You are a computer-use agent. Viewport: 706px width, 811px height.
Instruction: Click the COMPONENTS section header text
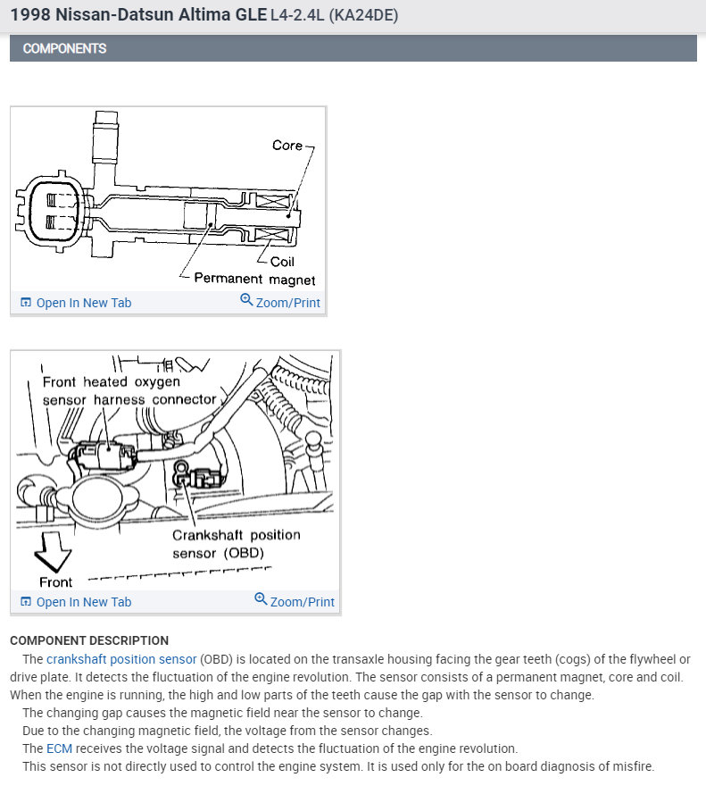(x=64, y=48)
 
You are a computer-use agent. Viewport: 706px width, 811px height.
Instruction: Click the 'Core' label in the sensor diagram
(x=287, y=145)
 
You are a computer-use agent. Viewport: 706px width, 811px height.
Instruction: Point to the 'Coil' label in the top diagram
(x=282, y=262)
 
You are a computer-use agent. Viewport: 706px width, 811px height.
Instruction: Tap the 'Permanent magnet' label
(x=254, y=279)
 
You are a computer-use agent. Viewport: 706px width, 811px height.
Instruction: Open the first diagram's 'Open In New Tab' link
(x=83, y=303)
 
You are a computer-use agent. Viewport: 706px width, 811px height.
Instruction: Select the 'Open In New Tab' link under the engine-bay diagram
(x=83, y=602)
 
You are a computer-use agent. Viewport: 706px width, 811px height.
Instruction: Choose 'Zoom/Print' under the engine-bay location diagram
(x=302, y=602)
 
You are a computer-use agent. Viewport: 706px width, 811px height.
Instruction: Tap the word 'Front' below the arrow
(x=55, y=582)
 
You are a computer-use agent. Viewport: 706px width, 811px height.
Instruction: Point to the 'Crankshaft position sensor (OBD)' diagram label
(x=236, y=543)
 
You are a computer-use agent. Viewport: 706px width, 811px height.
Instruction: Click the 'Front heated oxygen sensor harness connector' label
(x=129, y=390)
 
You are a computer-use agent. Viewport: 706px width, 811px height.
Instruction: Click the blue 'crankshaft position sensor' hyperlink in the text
(x=121, y=659)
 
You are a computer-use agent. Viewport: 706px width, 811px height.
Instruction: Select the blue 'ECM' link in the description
(x=59, y=748)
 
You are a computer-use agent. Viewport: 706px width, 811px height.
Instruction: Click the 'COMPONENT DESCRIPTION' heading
(x=89, y=640)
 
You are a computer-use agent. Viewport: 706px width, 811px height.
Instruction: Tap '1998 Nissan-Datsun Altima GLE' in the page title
(x=138, y=15)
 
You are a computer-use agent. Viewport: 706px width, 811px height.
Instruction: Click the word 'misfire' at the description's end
(x=631, y=766)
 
